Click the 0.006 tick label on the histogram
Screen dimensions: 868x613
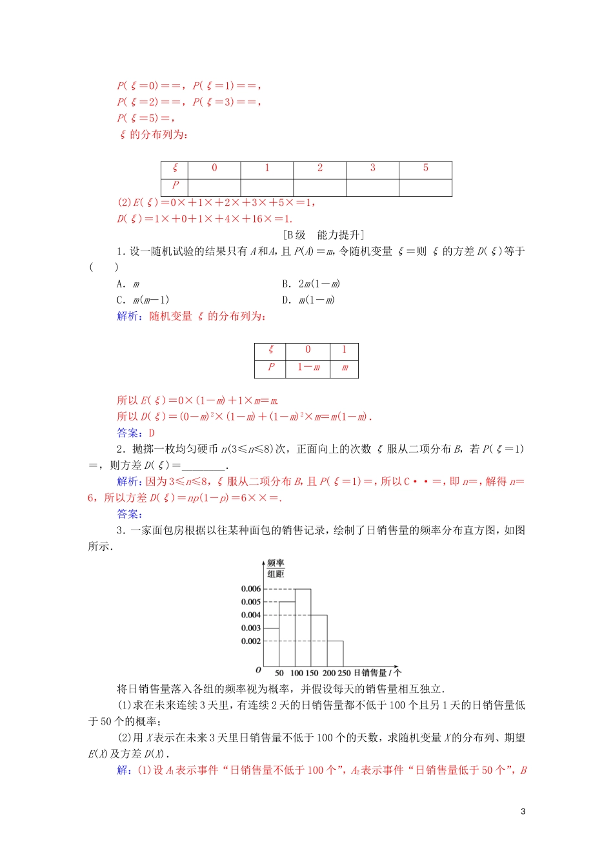(250, 588)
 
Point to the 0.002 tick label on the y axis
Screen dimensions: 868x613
(250, 641)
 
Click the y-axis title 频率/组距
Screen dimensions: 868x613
(276, 568)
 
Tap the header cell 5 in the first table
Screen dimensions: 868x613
(425, 168)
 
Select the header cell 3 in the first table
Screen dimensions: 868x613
(372, 168)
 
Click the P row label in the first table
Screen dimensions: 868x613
(175, 185)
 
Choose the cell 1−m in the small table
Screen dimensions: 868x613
(308, 367)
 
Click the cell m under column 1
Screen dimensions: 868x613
(345, 367)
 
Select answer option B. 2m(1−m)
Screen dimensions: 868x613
(311, 284)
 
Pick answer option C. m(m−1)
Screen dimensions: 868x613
(143, 300)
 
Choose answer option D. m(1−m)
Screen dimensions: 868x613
(308, 300)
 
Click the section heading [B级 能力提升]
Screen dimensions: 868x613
(324, 235)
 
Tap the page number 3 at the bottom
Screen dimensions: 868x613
(523, 811)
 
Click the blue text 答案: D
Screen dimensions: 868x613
(136, 433)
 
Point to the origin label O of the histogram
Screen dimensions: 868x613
(258, 670)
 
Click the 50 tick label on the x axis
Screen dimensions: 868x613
(279, 673)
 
